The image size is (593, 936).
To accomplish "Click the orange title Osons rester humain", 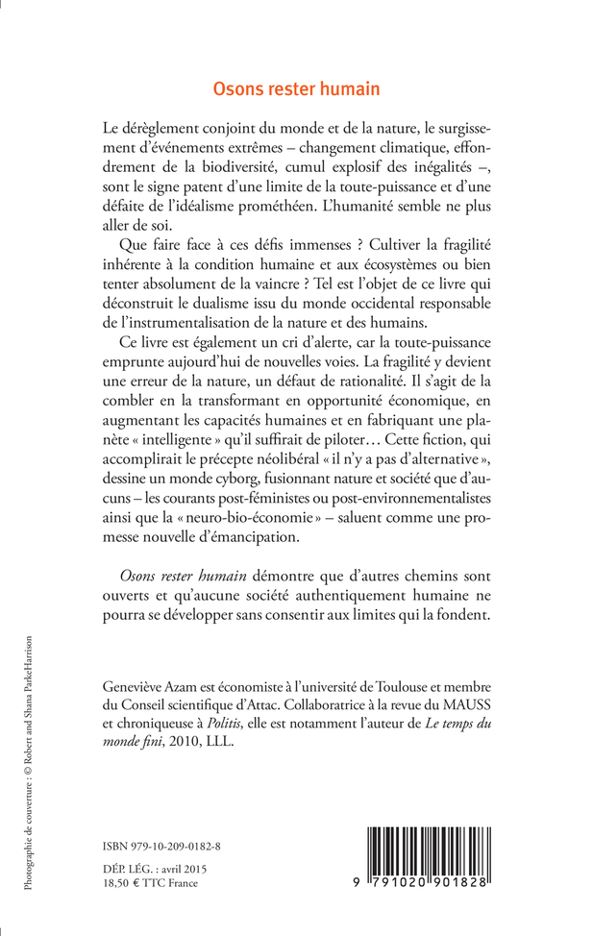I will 297,88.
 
